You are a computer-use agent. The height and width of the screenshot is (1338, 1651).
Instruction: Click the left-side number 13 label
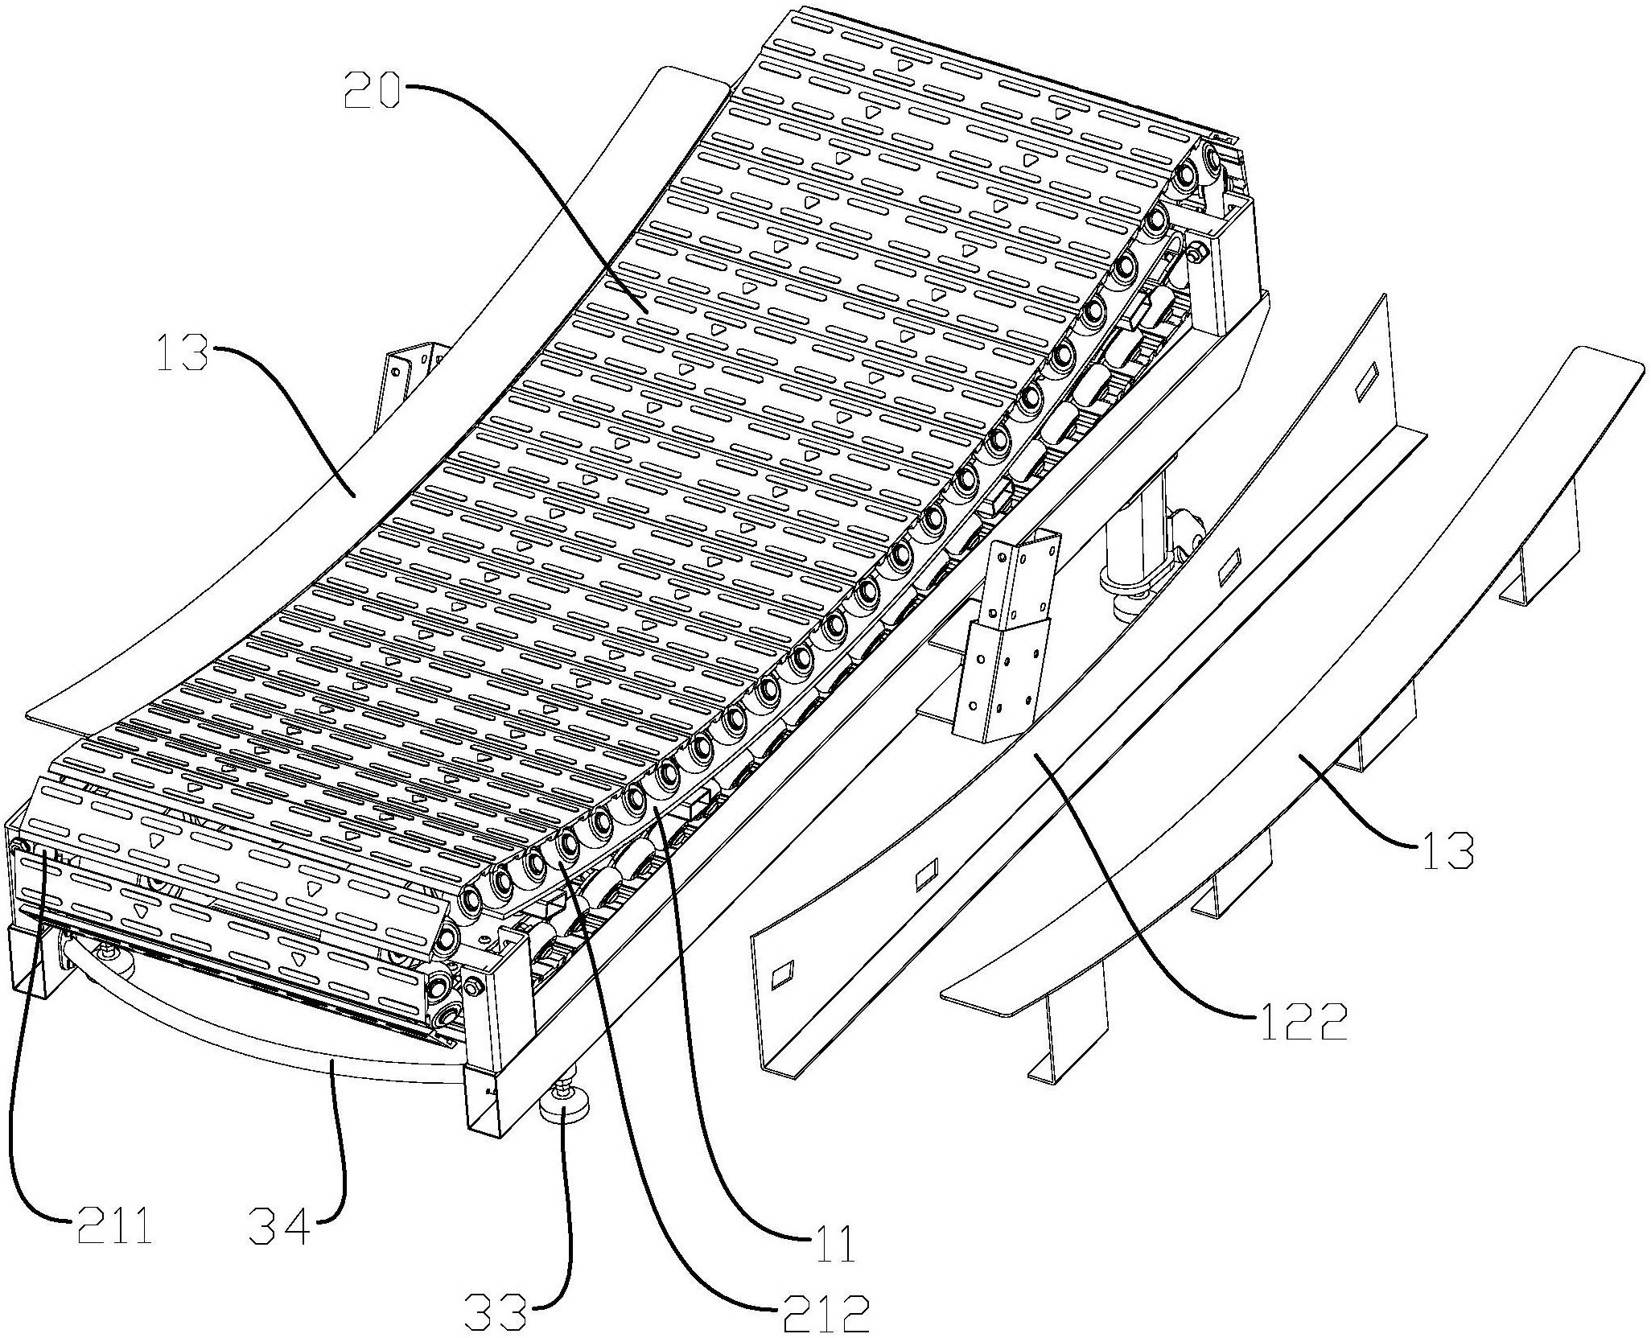point(182,353)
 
